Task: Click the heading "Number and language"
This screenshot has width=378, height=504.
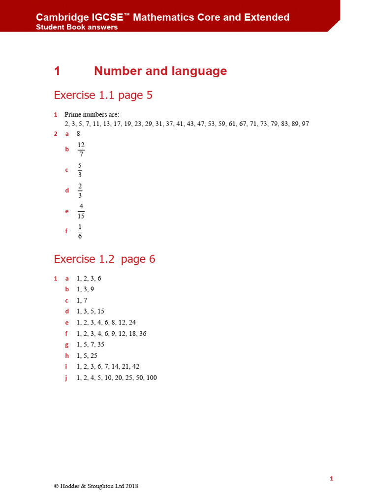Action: [x=160, y=71]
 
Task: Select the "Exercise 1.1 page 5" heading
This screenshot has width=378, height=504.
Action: [x=103, y=95]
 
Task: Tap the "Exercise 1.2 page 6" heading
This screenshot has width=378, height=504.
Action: [x=104, y=259]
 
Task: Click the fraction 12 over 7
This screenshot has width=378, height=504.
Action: [x=81, y=149]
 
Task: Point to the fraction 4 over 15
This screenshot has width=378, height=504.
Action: [x=81, y=211]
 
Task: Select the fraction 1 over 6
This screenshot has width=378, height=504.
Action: [x=80, y=231]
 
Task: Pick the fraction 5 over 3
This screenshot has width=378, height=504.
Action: [x=80, y=170]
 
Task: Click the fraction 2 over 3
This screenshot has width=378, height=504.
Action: [x=80, y=190]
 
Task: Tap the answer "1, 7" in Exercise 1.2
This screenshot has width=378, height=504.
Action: [x=82, y=300]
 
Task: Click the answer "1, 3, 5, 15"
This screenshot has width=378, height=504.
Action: [x=91, y=311]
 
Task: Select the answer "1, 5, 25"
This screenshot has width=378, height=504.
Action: [x=87, y=355]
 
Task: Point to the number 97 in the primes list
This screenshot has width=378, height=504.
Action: [x=305, y=124]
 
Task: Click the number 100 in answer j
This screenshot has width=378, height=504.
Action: [x=152, y=378]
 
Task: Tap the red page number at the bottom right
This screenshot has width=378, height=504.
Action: [x=332, y=478]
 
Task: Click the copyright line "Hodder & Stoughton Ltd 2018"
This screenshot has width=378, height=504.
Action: [x=96, y=486]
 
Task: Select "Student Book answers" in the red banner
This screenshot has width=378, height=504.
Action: [x=77, y=27]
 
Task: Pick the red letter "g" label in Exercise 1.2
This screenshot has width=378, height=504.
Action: [x=67, y=345]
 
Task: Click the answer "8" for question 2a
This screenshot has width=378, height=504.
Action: [x=79, y=133]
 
